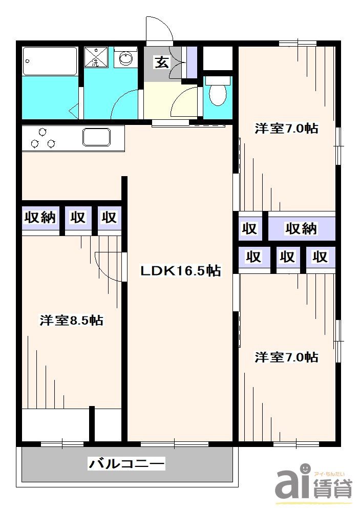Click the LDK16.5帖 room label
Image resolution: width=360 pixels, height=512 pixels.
click(181, 271)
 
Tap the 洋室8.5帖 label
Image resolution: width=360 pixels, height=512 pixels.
click(72, 321)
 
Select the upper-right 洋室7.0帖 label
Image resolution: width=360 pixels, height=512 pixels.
click(286, 128)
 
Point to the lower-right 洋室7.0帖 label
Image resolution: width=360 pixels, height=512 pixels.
click(286, 357)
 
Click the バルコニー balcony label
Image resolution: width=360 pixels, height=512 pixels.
click(127, 464)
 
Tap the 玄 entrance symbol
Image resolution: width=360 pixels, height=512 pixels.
click(162, 63)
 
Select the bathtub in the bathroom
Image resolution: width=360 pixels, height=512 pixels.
click(50, 62)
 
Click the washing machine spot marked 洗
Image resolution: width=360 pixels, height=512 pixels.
click(96, 58)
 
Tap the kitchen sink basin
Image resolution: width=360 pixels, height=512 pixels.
click(97, 138)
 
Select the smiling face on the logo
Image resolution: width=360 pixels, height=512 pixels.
click(305, 468)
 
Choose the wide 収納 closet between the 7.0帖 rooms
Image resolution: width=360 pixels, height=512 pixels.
click(302, 229)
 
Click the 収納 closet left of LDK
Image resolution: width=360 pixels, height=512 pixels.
click(40, 218)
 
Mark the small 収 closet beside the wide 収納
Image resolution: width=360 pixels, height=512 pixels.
click(249, 229)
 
